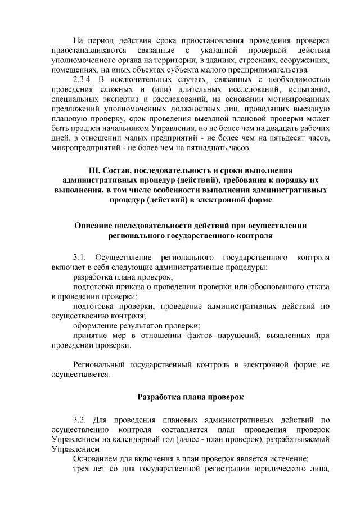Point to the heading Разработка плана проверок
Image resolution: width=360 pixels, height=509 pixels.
190,397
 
